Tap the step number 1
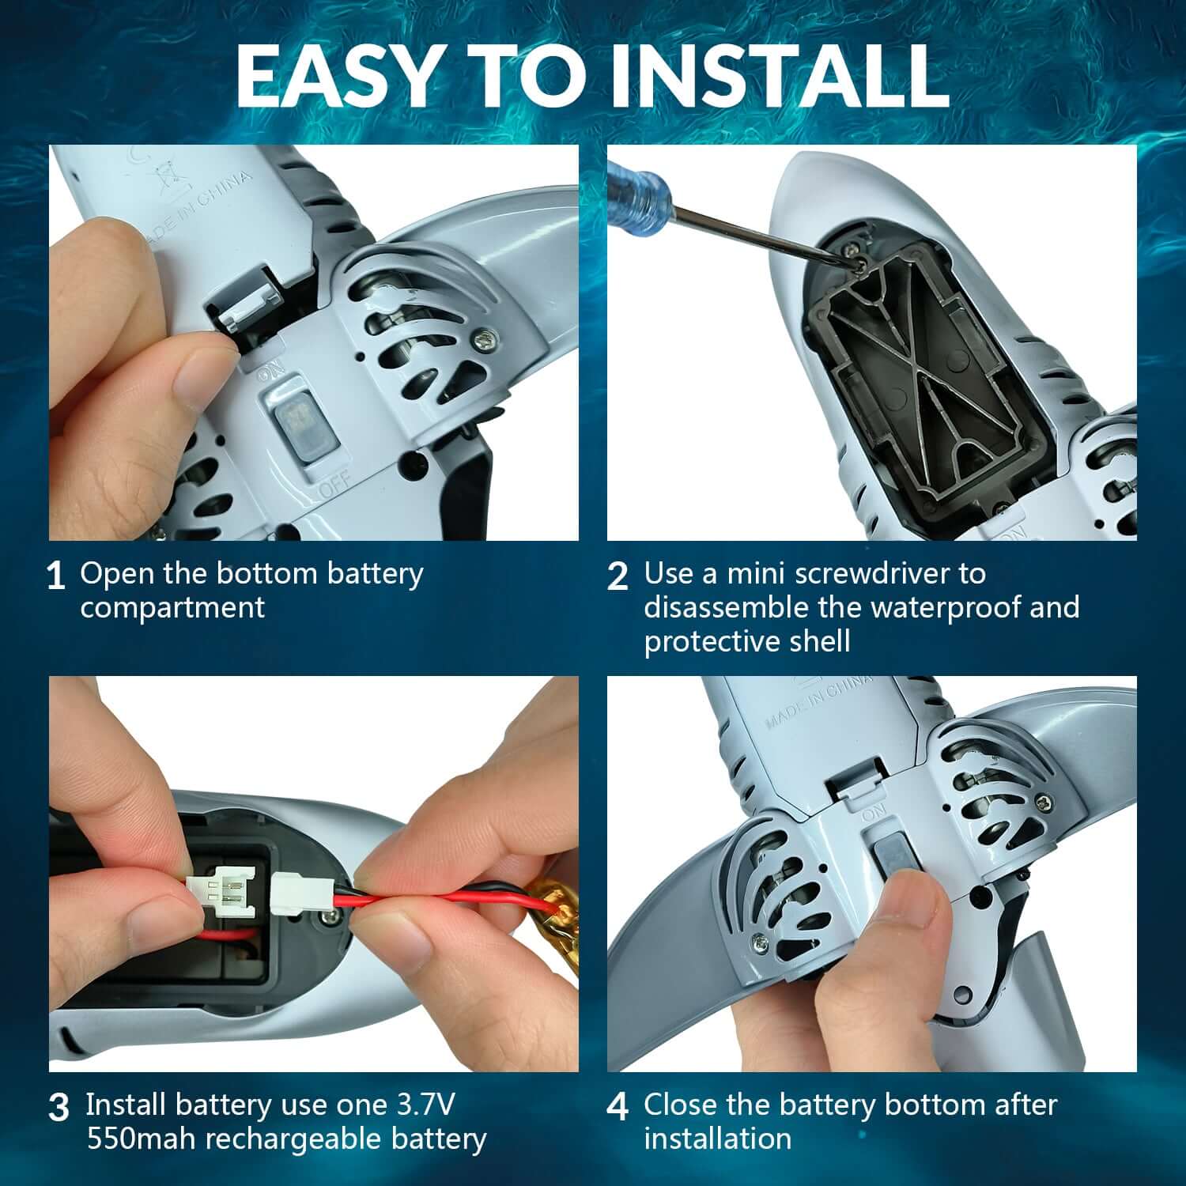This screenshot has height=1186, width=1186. coord(55,576)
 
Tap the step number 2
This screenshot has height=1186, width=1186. coord(618,576)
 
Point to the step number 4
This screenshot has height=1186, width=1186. coord(618,1107)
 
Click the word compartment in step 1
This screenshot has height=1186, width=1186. coord(172,609)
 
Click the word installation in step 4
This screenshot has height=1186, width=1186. coord(717,1139)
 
